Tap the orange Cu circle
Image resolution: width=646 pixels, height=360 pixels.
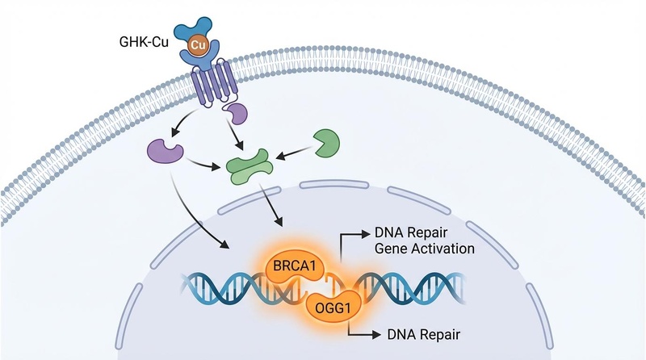coord(199,44)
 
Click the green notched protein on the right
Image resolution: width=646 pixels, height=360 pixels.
coord(325,141)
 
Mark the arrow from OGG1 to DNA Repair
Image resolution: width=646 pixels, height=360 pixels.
coord(363,331)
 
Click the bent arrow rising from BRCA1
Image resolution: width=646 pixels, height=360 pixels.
coord(347,242)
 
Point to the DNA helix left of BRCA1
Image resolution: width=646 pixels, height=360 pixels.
coord(218,287)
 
